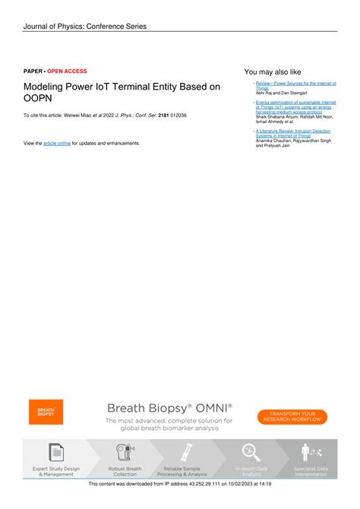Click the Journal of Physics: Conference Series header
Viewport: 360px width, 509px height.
(85, 27)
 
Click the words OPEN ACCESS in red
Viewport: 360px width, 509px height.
(67, 71)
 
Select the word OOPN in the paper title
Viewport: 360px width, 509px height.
(38, 100)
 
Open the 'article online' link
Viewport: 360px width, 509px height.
(57, 143)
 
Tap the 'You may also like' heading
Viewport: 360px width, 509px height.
(273, 71)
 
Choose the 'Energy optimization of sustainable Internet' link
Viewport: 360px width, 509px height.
(295, 101)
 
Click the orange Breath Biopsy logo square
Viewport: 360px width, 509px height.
(46, 411)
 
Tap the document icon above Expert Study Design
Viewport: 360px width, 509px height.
(56, 452)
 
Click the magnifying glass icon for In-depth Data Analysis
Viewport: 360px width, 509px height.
(250, 452)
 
